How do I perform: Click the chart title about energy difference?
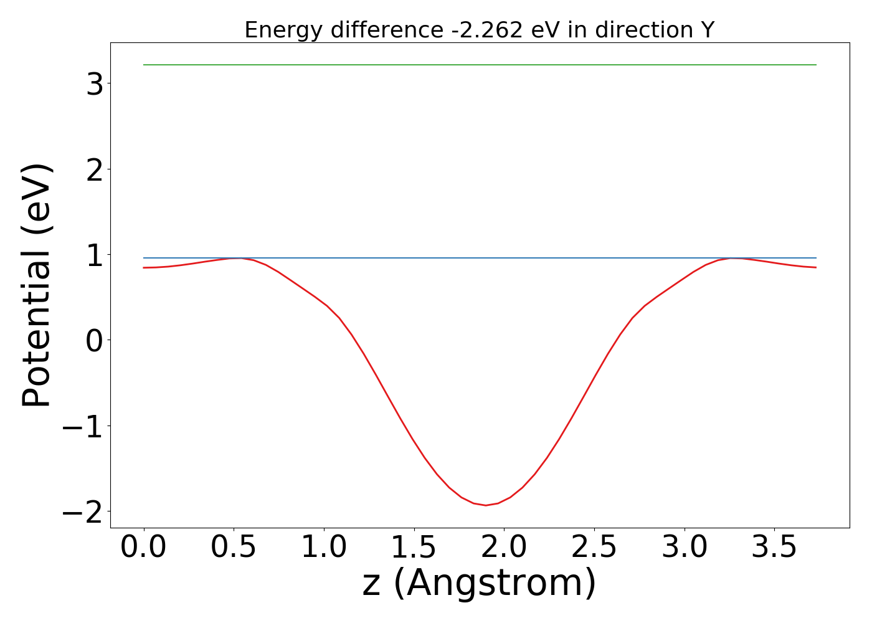(x=479, y=30)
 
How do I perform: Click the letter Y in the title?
(x=706, y=30)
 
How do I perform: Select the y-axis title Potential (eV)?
(x=37, y=285)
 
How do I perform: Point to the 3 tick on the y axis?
(x=95, y=84)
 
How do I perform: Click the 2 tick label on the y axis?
(x=95, y=169)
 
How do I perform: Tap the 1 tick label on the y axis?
(x=95, y=255)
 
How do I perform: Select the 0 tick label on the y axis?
(x=95, y=340)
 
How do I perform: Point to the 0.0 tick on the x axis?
(x=144, y=548)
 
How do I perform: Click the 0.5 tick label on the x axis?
(x=234, y=548)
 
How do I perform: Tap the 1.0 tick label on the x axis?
(x=324, y=548)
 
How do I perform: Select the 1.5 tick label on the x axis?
(x=414, y=548)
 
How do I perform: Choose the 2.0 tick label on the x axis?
(x=504, y=548)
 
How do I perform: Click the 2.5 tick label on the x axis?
(x=594, y=548)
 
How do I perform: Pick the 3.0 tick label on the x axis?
(x=684, y=548)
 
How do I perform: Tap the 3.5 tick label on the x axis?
(x=774, y=548)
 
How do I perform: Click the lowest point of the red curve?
(x=486, y=505)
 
